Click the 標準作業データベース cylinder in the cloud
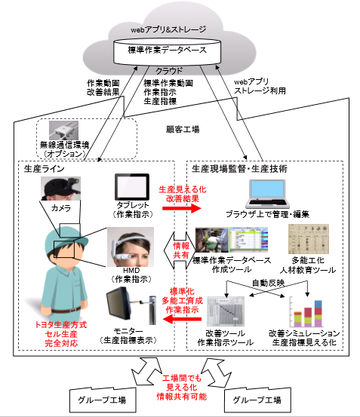coord(168,51)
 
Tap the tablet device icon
coord(132,187)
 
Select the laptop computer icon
coord(267,194)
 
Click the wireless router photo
coord(63,130)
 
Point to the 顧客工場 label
coord(183,130)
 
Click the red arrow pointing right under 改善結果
coord(182,208)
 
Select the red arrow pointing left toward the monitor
coord(182,319)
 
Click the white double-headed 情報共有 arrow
coord(181,250)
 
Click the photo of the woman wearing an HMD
coord(131,247)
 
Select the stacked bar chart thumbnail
coord(306,313)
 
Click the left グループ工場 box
coord(103,400)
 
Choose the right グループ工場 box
coord(257,400)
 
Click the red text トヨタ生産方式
coord(61,325)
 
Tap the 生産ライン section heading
coord(45,169)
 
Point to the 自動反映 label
coord(268,283)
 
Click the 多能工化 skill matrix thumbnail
coord(309,239)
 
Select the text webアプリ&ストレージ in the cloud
coord(168,29)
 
